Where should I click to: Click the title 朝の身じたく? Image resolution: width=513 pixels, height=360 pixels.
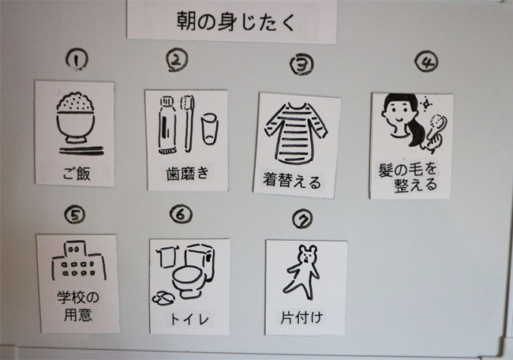click(236, 21)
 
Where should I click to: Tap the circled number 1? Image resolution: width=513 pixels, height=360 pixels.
click(77, 60)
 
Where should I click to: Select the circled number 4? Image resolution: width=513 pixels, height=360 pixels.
click(426, 62)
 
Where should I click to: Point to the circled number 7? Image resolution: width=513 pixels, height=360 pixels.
click(302, 219)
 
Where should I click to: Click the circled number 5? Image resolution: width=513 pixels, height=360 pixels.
click(75, 215)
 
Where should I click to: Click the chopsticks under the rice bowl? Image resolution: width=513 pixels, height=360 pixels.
click(81, 151)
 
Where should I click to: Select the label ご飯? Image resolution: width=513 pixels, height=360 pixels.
click(77, 174)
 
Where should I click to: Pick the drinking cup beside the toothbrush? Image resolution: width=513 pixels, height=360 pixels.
click(209, 129)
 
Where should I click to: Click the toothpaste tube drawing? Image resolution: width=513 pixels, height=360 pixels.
click(167, 125)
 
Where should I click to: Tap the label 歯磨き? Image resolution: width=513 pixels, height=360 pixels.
click(188, 174)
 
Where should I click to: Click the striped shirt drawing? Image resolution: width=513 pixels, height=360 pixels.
click(296, 133)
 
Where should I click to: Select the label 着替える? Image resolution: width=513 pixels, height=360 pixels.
click(292, 181)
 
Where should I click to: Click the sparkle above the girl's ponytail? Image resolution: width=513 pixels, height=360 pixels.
click(426, 103)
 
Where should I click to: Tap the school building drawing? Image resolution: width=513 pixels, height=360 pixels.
click(78, 261)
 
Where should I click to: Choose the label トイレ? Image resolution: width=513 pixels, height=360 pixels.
click(189, 319)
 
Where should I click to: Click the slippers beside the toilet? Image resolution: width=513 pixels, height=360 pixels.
click(163, 298)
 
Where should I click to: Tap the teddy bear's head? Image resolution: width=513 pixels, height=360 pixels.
click(307, 254)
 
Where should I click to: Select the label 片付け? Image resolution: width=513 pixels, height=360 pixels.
click(301, 317)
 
